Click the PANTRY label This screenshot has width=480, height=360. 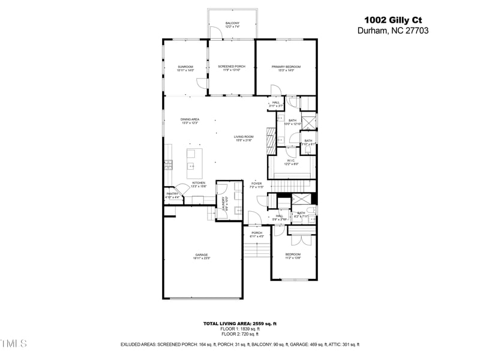[x=172, y=194]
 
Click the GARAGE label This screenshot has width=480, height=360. [x=201, y=255]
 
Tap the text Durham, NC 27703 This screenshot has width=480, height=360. [x=393, y=30]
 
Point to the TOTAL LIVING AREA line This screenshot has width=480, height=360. [x=240, y=323]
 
